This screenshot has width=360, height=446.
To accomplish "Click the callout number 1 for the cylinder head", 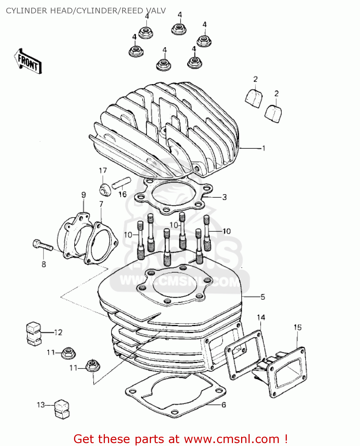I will coord(263,148).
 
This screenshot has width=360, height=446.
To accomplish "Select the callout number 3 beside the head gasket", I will coord(224,197).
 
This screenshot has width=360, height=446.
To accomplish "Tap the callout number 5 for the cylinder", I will coord(262,297).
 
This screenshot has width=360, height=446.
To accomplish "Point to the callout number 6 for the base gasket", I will coord(224,405).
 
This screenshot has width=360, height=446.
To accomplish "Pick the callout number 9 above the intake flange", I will coord(84,195).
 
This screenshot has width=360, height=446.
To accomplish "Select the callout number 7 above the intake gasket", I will coord(101,204).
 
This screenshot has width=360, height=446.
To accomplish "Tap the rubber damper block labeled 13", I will coord(62,409).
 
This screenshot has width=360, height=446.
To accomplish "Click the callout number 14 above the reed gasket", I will coord(261,317).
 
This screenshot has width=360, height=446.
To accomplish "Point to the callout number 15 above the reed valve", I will coord(298,327).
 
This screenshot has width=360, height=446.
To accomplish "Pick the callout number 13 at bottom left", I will coord(41,405).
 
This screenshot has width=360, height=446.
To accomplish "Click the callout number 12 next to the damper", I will coord(58,332).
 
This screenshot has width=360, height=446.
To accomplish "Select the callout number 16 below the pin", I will coord(122,194).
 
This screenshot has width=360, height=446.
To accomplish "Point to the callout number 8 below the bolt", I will coord(44,264).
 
